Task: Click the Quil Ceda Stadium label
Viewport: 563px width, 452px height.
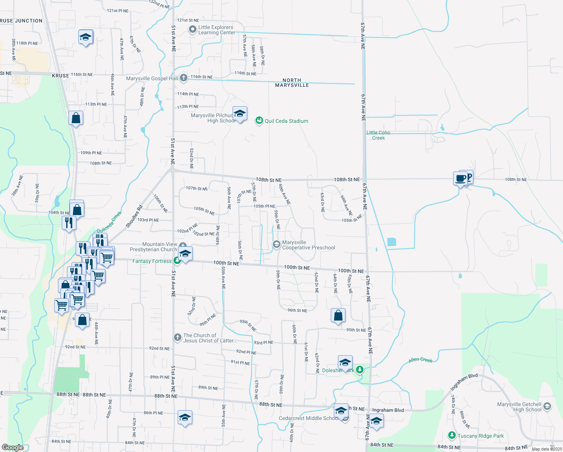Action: tap(286, 121)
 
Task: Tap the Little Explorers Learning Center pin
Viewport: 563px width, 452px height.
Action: tap(193, 29)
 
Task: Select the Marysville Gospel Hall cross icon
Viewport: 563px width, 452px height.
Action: tap(184, 78)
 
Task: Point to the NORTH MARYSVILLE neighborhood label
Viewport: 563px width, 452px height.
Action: tap(292, 83)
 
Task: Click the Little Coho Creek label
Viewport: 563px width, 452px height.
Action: tap(378, 135)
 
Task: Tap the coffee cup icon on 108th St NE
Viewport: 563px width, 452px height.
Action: tap(460, 178)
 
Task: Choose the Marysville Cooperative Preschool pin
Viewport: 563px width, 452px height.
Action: tap(277, 245)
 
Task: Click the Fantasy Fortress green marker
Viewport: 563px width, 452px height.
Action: tap(177, 261)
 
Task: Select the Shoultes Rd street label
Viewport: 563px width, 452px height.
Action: tap(134, 216)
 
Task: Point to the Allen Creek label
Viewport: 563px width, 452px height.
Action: tap(421, 360)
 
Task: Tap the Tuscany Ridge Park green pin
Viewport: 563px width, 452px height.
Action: tap(452, 435)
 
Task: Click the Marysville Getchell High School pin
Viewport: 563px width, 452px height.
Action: tap(547, 406)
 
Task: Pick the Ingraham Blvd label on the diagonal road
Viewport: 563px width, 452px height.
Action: tap(464, 382)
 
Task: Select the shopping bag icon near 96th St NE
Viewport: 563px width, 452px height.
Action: tap(338, 316)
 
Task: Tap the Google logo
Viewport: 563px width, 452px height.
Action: tap(12, 447)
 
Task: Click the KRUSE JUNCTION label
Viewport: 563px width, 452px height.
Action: tap(21, 21)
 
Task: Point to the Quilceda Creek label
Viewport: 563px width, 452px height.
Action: tap(110, 222)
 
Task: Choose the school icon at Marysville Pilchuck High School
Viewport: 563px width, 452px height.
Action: tap(240, 114)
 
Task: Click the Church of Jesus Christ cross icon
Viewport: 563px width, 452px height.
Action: tap(178, 337)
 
